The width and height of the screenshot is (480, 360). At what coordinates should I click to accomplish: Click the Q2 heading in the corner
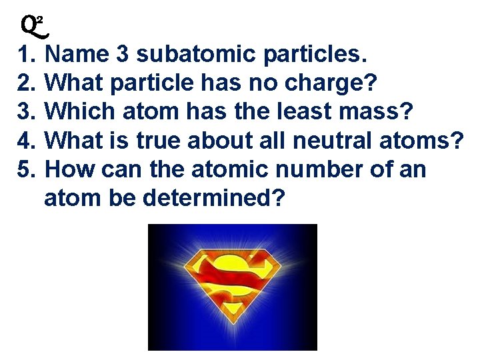pyautogui.click(x=34, y=25)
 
